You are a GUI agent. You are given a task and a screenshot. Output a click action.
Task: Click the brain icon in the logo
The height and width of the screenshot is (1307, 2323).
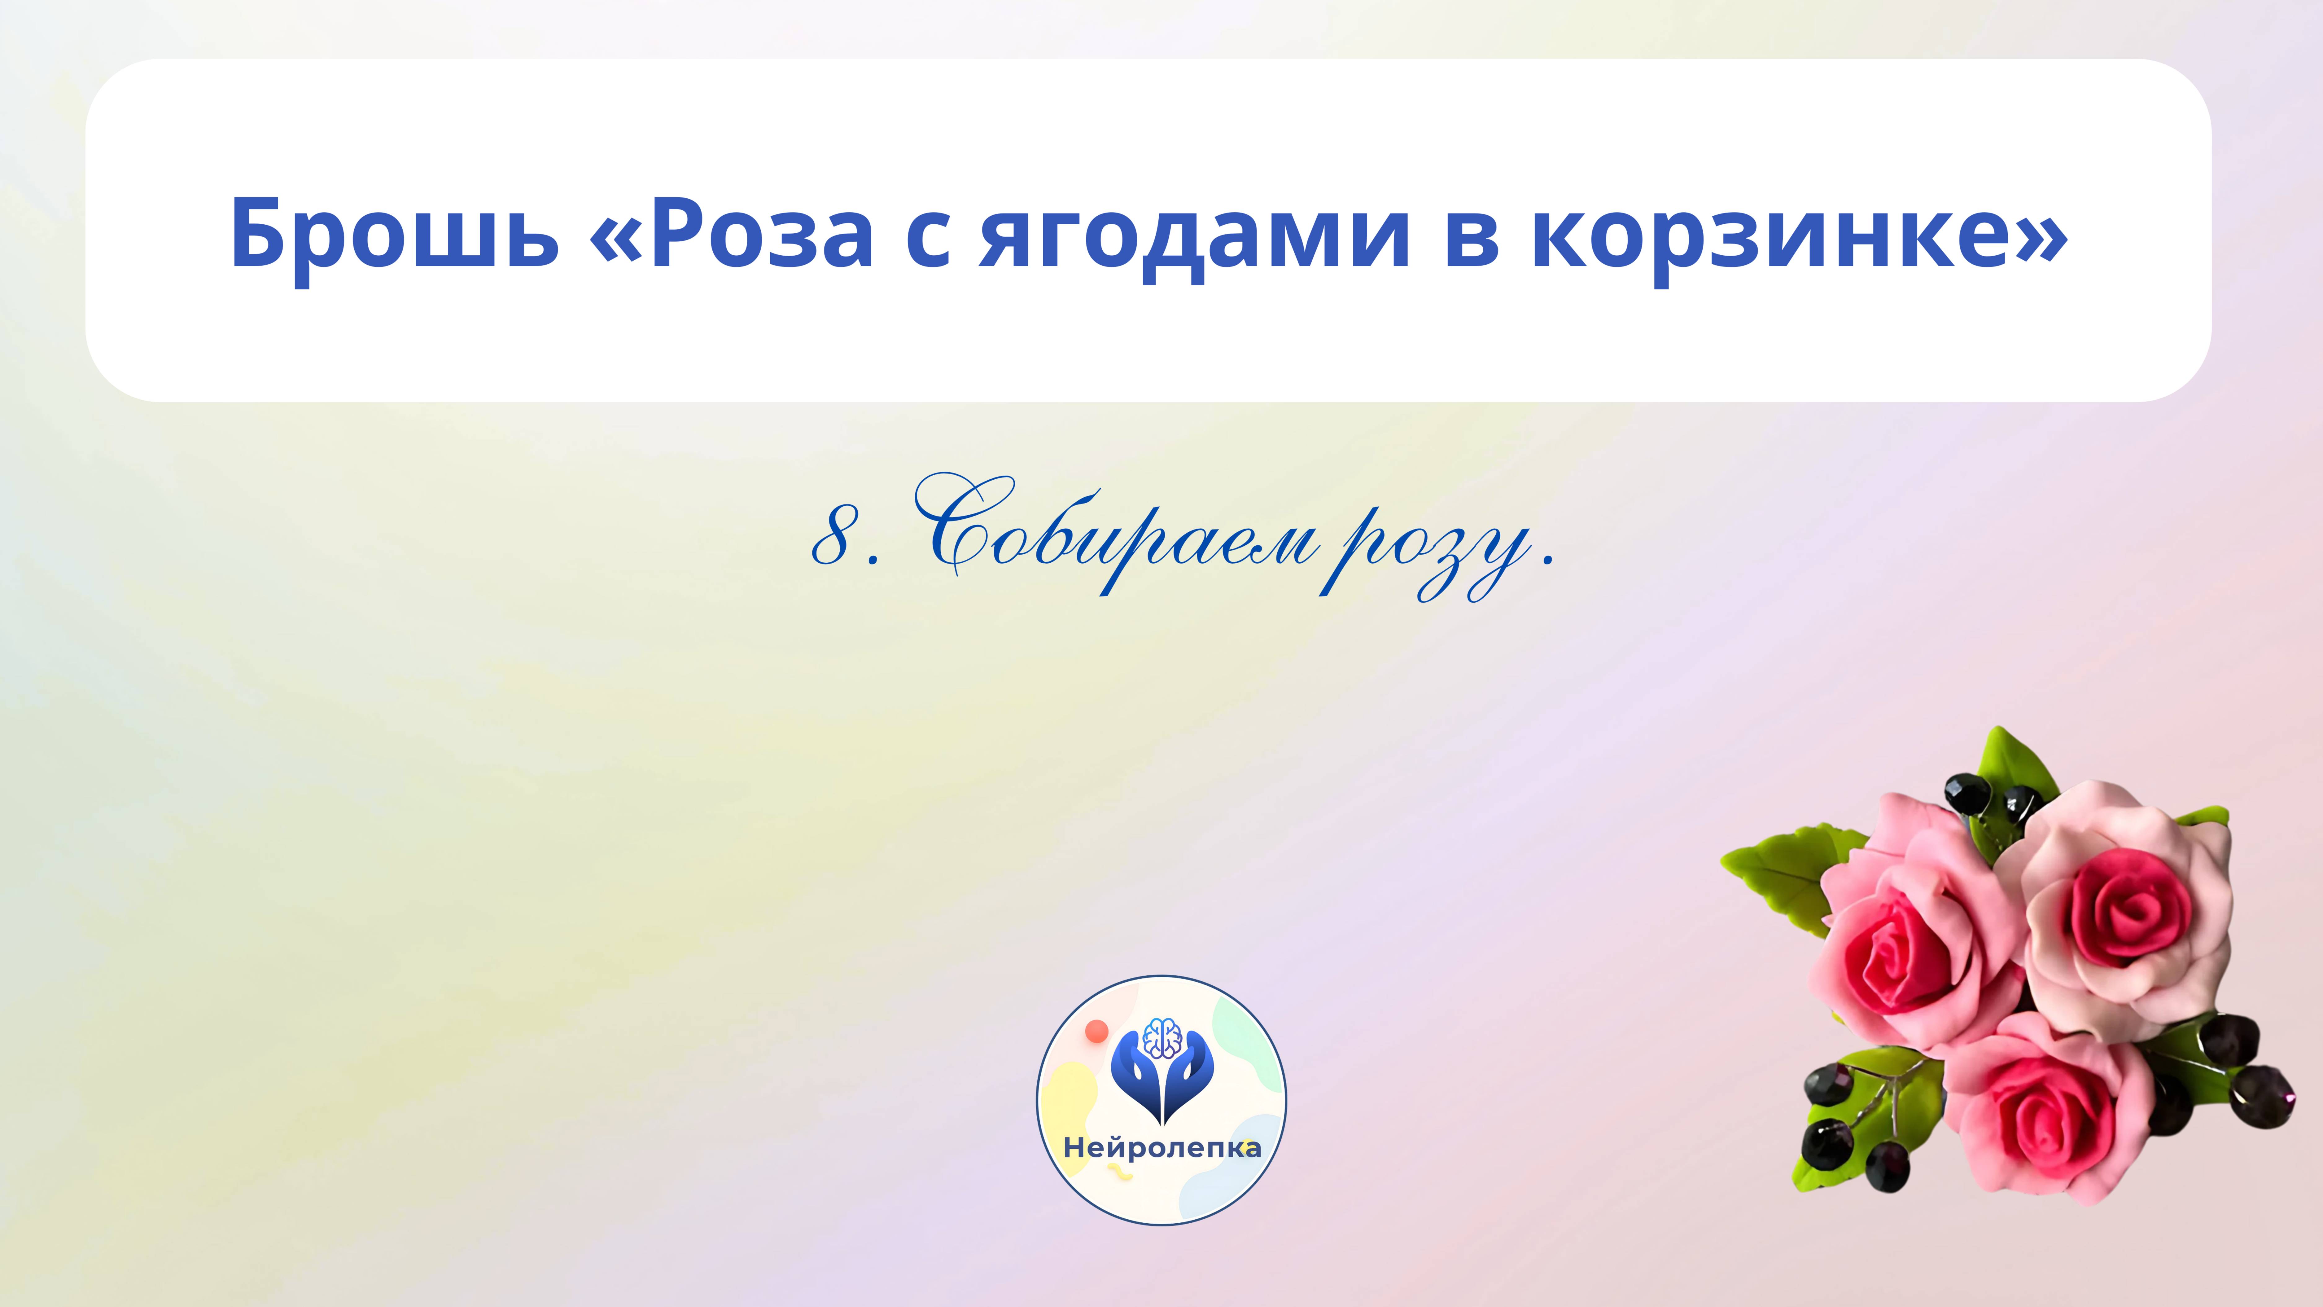click(1161, 1037)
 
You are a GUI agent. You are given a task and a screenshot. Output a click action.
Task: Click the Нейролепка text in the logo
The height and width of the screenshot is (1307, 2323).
click(1161, 1147)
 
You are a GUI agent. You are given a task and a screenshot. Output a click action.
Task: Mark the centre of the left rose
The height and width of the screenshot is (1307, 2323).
click(1903, 961)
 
